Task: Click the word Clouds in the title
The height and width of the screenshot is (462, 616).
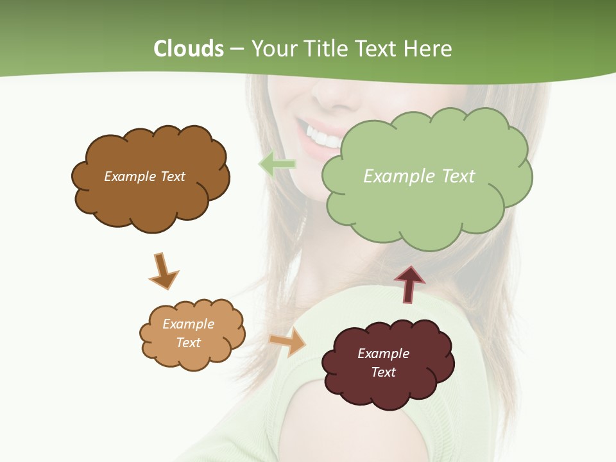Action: [189, 49]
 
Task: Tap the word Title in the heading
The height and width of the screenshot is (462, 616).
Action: [325, 49]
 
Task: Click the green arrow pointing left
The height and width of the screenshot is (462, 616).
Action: [277, 164]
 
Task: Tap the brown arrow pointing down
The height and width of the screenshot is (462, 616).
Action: [164, 271]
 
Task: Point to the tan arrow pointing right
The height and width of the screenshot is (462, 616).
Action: [288, 341]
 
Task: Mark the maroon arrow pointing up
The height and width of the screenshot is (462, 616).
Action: [409, 284]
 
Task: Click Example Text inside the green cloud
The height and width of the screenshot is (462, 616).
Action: [419, 176]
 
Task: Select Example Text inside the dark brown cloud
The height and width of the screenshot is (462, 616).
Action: [144, 176]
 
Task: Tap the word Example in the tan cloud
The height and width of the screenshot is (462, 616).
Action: [188, 324]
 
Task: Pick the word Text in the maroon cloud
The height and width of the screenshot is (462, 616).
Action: [383, 372]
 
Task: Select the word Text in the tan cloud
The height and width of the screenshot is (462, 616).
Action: [188, 343]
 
